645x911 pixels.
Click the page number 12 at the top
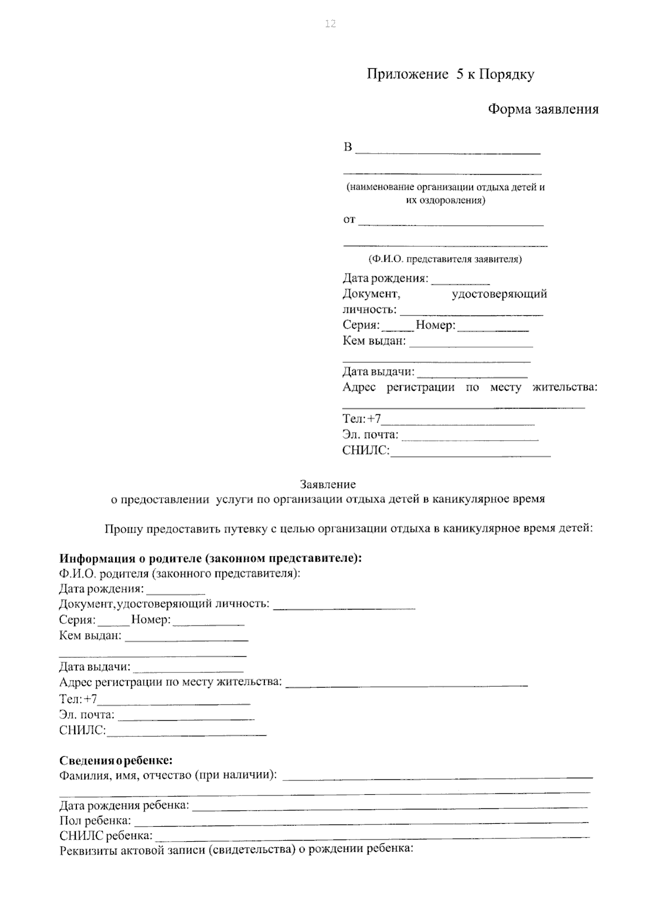(x=330, y=24)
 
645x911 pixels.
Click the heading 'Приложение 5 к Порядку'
(x=450, y=74)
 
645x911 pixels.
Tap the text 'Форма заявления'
(x=543, y=110)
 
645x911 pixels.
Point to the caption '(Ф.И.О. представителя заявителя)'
(x=445, y=259)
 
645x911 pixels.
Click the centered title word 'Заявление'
(x=327, y=484)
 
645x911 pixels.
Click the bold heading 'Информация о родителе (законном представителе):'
(x=211, y=558)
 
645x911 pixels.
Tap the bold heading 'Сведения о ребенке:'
(x=116, y=761)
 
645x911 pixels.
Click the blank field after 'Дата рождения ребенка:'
(x=389, y=805)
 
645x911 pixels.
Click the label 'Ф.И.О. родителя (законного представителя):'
(x=180, y=573)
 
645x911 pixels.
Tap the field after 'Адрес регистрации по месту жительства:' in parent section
(x=406, y=684)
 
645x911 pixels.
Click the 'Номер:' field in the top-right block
(x=493, y=328)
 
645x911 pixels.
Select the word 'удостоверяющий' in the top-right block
(x=499, y=294)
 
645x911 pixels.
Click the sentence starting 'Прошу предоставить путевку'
(x=348, y=528)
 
